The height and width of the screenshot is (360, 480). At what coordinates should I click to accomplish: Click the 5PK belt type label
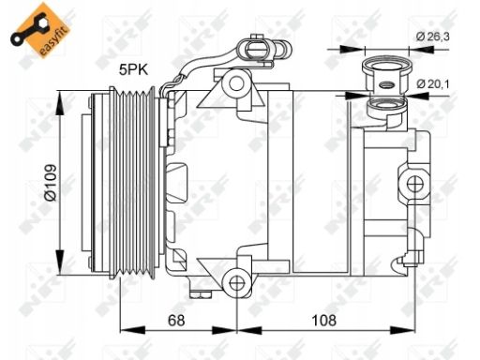tap(133, 69)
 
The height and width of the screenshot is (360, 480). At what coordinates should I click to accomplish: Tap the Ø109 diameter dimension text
tap(51, 183)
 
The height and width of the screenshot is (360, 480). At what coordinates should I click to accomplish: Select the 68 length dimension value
tap(176, 321)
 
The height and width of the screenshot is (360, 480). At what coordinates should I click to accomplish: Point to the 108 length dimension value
tap(324, 321)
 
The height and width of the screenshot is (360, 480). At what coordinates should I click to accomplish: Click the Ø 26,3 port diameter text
tap(432, 37)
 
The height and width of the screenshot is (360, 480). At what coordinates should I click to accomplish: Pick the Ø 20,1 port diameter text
tap(433, 83)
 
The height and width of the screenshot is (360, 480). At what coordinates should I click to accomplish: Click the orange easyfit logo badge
tap(40, 30)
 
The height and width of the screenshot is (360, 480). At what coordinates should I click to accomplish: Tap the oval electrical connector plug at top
tap(255, 50)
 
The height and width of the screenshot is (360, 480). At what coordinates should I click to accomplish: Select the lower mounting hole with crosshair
tap(236, 283)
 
